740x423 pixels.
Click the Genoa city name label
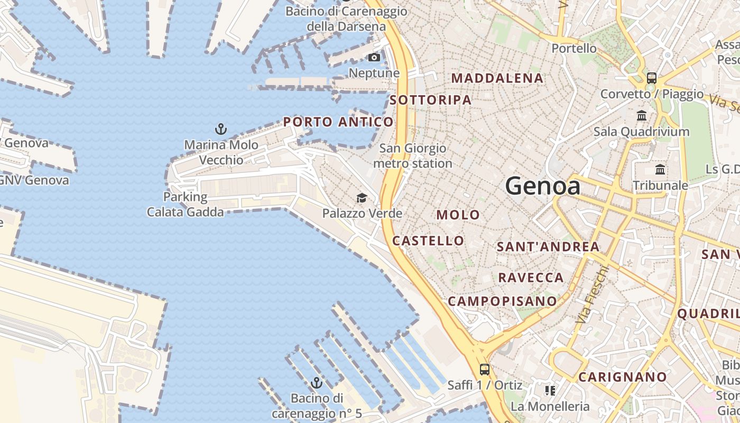(543, 186)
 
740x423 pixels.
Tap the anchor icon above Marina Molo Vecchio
(221, 128)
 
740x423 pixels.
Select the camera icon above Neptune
(374, 57)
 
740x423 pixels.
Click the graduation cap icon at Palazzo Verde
(362, 198)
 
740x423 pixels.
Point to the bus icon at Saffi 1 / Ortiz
(484, 369)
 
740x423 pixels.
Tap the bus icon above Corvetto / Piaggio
(651, 78)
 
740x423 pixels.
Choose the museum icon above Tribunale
(660, 170)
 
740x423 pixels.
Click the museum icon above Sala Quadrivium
(642, 115)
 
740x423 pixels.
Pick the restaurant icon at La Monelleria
(550, 391)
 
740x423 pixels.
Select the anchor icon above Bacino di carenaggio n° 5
(317, 382)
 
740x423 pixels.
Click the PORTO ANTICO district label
(338, 122)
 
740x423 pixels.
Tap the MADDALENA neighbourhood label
(497, 78)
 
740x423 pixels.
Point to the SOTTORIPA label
(430, 100)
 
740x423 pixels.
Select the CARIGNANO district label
(622, 377)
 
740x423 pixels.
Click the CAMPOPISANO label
(502, 301)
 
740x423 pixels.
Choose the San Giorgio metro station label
(413, 156)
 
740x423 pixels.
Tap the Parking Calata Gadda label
(185, 205)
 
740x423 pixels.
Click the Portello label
(574, 49)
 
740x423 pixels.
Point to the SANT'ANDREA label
(548, 246)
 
